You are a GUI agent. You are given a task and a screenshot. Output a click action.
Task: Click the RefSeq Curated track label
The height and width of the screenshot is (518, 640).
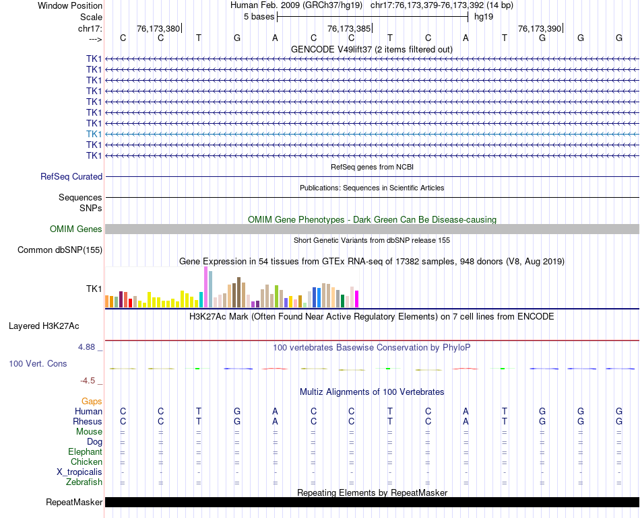click(71, 177)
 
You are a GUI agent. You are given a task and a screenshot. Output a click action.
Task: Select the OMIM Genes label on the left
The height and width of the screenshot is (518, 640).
click(76, 229)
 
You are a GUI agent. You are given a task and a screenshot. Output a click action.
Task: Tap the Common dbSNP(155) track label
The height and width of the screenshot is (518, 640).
click(60, 250)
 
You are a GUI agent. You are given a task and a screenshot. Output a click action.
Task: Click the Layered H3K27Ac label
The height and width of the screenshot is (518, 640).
click(44, 326)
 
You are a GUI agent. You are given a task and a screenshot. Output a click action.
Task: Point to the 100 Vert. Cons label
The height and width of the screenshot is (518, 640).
click(38, 363)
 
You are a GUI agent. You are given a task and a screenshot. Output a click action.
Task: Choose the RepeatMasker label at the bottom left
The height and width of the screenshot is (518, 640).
click(74, 503)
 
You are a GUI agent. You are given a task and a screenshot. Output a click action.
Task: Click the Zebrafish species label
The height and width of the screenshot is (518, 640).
click(84, 482)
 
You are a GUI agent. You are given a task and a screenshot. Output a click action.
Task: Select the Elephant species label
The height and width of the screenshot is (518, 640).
click(85, 452)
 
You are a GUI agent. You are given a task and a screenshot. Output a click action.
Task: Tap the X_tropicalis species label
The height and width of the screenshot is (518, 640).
click(79, 472)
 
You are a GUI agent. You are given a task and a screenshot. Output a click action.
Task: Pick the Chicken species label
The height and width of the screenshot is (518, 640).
click(86, 462)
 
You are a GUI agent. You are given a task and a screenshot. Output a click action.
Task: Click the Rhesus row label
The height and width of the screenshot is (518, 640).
click(88, 422)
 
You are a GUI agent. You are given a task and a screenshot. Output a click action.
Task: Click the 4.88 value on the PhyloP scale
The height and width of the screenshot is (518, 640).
click(88, 347)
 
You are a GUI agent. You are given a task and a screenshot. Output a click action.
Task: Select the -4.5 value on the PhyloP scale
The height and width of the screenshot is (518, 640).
click(88, 380)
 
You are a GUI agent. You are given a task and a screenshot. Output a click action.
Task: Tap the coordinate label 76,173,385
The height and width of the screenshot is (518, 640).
click(348, 29)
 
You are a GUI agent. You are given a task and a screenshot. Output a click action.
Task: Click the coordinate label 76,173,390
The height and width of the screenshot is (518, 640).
click(539, 29)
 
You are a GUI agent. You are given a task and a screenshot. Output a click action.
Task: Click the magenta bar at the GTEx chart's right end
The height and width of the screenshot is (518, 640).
click(356, 299)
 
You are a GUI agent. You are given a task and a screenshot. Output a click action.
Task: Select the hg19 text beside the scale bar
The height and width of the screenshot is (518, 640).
click(484, 15)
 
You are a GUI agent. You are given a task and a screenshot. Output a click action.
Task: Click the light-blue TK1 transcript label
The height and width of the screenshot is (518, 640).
click(94, 134)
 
